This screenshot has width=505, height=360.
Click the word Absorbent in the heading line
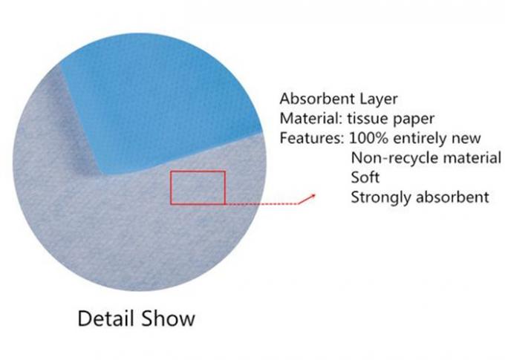(x=317, y=99)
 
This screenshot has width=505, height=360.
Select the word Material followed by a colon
(x=310, y=118)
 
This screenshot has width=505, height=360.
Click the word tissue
(x=367, y=119)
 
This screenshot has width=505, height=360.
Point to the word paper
(x=414, y=120)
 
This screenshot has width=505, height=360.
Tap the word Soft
(x=365, y=177)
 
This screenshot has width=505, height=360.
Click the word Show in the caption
(x=168, y=318)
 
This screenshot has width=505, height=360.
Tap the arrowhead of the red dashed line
(x=313, y=196)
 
